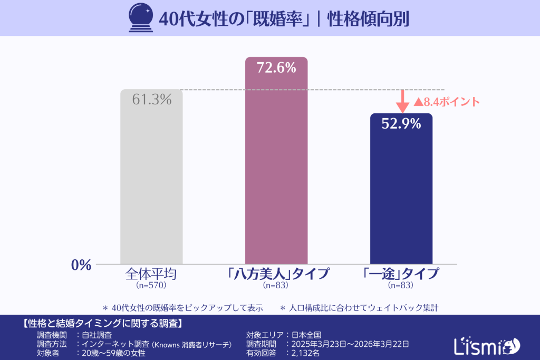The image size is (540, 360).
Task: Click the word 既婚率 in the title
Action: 278,18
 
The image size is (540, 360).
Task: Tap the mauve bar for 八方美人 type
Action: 276,169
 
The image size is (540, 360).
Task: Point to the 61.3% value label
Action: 151,99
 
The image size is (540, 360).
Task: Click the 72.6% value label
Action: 276,67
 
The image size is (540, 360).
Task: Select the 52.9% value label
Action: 401,124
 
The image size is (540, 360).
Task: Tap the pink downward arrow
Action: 402,101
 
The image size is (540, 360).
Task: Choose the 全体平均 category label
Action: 151,275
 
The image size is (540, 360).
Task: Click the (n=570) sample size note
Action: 151,286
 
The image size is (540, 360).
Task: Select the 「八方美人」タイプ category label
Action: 276,275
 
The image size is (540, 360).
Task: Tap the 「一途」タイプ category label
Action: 401,275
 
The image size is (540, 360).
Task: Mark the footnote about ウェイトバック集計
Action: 359,307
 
